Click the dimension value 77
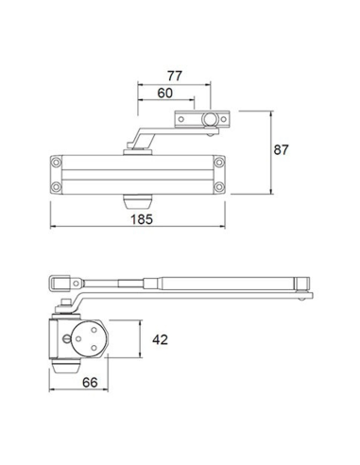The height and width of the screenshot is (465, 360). pos(175,76)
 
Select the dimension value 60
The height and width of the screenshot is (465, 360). pos(165,93)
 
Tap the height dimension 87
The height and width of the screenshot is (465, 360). pos(281,150)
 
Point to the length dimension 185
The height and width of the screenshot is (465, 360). pos(142,219)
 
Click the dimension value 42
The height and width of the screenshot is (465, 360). pos(160,339)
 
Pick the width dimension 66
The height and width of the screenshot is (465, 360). pos(90,383)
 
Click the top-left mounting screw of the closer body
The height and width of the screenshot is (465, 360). pos(56,163)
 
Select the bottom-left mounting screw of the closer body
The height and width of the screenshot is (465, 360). pos(56,187)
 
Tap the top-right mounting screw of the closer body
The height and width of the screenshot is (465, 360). pos(219,163)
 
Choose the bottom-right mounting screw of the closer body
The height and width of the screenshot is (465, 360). pos(219,187)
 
